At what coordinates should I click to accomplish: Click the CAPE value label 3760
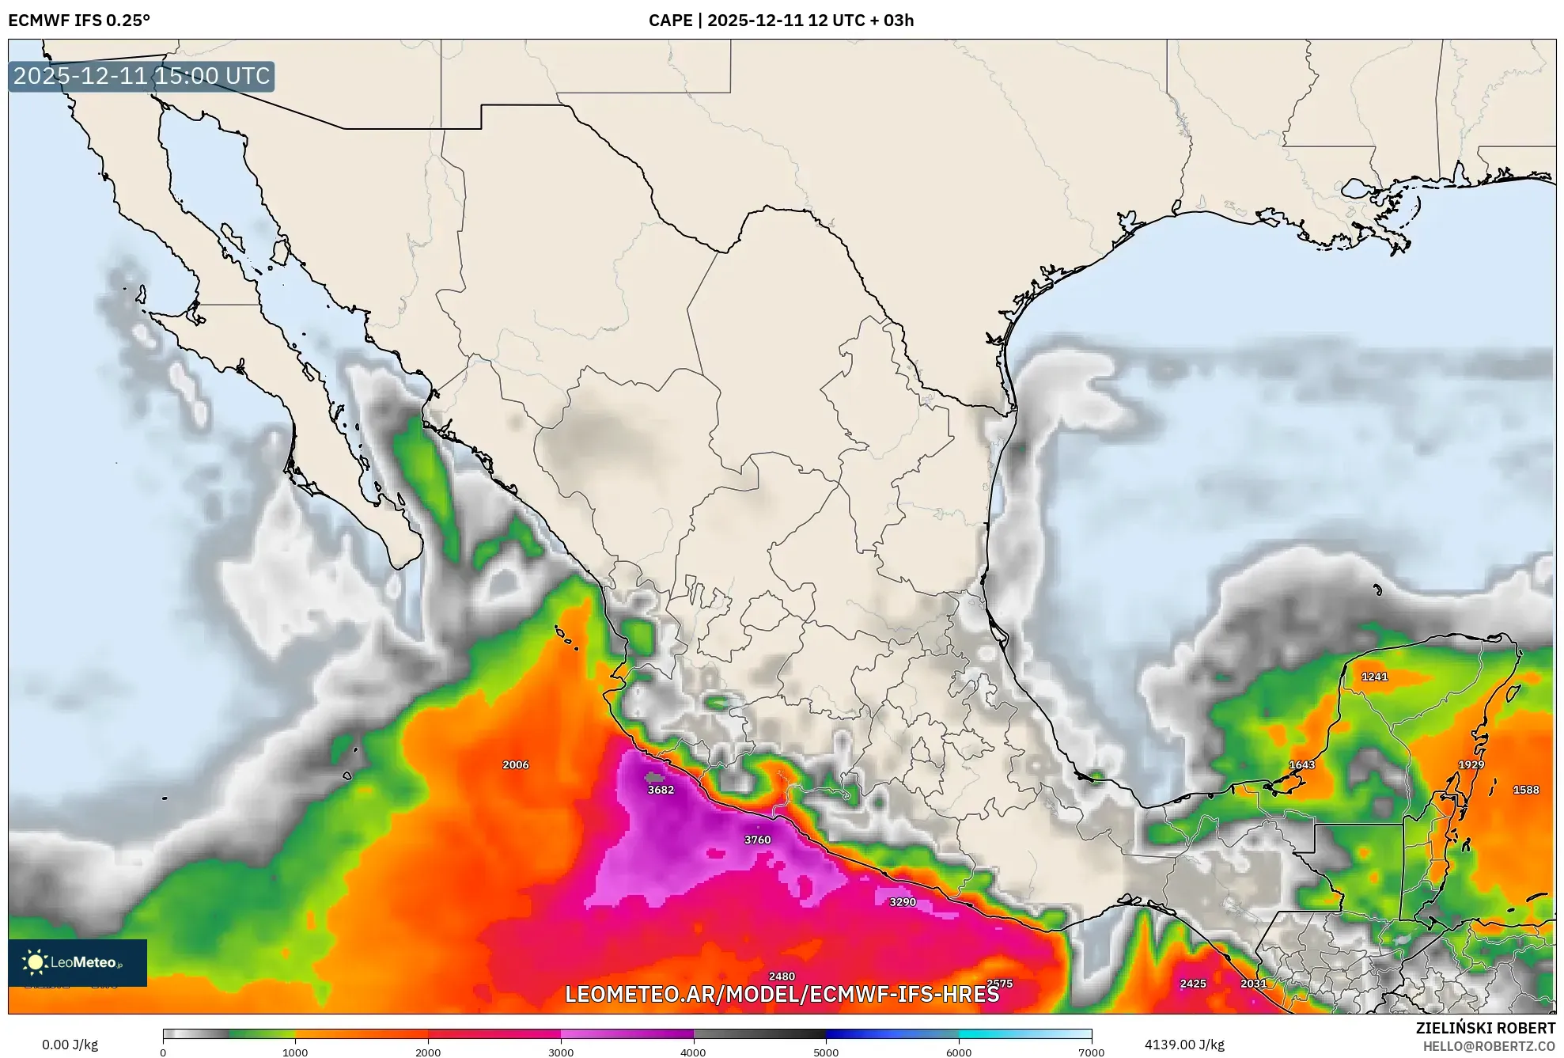[x=757, y=840]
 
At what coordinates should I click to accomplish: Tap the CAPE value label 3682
[x=661, y=790]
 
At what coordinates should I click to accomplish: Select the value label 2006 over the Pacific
[x=515, y=764]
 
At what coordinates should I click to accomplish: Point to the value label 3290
[x=902, y=902]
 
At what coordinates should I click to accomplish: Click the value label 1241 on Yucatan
[x=1374, y=677]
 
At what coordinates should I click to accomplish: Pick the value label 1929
[x=1471, y=764]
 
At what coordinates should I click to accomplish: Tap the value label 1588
[x=1525, y=790]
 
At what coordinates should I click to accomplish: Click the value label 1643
[x=1301, y=764]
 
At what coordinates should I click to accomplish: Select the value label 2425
[x=1192, y=984]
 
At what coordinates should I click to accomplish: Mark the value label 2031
[x=1253, y=984]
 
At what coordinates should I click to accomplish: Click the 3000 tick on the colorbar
[x=561, y=1052]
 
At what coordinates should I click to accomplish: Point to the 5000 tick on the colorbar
[x=826, y=1052]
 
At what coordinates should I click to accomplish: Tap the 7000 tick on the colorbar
[x=1091, y=1052]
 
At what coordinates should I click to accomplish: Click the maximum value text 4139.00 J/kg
[x=1183, y=1045]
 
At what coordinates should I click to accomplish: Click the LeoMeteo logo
[x=77, y=962]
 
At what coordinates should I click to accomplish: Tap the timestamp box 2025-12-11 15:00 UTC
[x=142, y=76]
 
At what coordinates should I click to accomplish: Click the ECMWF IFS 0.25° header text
[x=79, y=21]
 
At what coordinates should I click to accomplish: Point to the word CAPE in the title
[x=670, y=21]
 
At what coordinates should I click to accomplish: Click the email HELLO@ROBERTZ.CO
[x=1488, y=1046]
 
